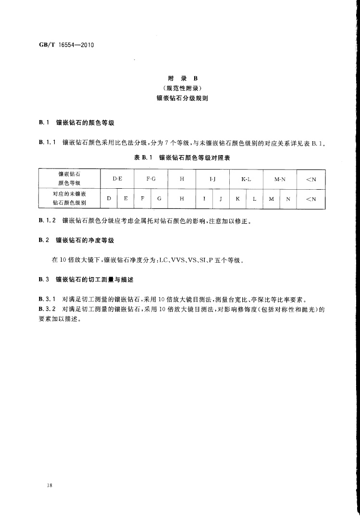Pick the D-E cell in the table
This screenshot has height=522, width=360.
117,179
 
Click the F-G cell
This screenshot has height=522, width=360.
151,179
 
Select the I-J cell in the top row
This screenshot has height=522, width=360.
212,179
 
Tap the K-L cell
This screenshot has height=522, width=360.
246,179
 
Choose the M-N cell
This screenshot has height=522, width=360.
280,179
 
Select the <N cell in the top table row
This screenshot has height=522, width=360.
311,179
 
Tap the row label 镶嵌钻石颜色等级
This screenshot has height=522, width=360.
69,179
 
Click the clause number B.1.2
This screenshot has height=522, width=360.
47,221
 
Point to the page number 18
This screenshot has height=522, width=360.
49,486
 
